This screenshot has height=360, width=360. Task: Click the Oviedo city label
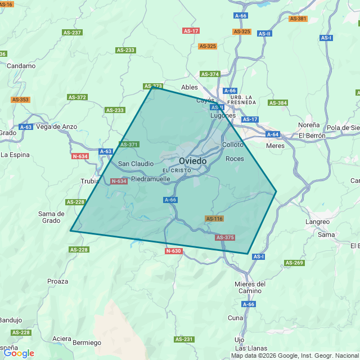(192, 161)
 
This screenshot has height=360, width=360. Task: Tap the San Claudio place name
(136, 164)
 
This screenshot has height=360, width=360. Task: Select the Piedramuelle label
(150, 179)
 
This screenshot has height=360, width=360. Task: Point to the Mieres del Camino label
(249, 287)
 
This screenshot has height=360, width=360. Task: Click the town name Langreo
(317, 222)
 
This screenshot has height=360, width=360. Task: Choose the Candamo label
(21, 66)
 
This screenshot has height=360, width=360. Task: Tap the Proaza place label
(58, 281)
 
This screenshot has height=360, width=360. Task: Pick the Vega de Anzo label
(56, 127)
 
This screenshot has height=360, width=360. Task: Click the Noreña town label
(309, 125)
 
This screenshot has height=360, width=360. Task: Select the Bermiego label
(87, 343)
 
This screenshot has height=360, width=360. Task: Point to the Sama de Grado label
(51, 217)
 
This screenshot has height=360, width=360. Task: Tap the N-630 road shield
(174, 251)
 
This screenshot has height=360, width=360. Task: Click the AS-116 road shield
(214, 219)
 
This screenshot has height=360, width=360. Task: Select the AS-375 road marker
(224, 237)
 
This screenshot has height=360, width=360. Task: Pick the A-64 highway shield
(273, 134)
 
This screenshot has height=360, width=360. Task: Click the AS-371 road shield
(129, 145)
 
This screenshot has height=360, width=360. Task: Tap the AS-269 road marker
(294, 263)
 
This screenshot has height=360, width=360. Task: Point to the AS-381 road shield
(298, 19)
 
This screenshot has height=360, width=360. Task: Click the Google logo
(18, 353)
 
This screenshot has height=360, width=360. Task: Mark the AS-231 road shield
(184, 339)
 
